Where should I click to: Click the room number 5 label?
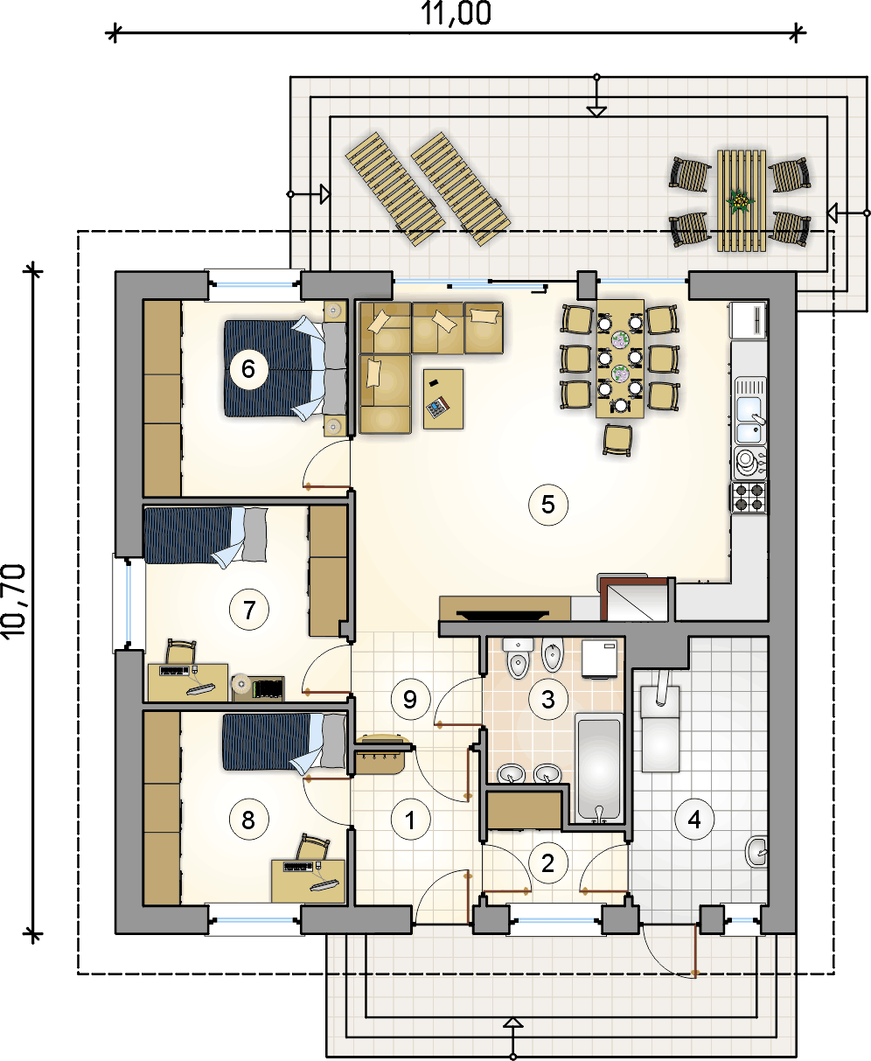pos(548,505)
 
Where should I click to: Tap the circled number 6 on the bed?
pos(248,369)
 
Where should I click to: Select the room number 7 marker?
pos(249,610)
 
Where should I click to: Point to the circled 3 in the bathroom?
pos(548,699)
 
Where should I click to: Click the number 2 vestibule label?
pos(547,862)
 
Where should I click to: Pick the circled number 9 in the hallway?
pos(410,699)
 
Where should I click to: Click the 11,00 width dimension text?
pos(456,13)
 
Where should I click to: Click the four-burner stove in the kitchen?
pos(749,497)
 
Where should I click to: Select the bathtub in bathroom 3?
pos(599,769)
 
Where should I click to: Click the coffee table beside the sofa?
pos(443,399)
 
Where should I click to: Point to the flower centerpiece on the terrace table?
pos(740,202)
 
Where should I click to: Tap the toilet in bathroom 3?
pos(518,658)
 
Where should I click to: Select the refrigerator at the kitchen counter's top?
pos(749,320)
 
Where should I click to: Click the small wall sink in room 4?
pos(756,852)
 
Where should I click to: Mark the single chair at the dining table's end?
pos(617,441)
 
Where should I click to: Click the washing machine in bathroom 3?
pos(599,658)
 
